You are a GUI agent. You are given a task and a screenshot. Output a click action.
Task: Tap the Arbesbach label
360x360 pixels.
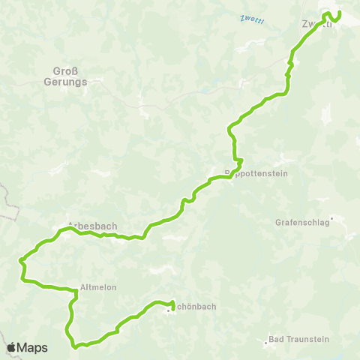point(93,225)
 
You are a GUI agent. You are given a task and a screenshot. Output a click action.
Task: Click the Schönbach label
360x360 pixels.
point(194,306)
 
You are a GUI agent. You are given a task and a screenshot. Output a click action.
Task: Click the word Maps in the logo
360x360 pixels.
point(34,347)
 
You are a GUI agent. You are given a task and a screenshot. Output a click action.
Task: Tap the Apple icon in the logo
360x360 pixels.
point(12,346)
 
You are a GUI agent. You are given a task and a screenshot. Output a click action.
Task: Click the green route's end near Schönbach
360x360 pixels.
point(172,303)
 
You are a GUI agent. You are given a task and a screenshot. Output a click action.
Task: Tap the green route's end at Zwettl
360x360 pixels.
point(339,13)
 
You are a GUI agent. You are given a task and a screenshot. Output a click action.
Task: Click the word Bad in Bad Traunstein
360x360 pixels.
point(275,339)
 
